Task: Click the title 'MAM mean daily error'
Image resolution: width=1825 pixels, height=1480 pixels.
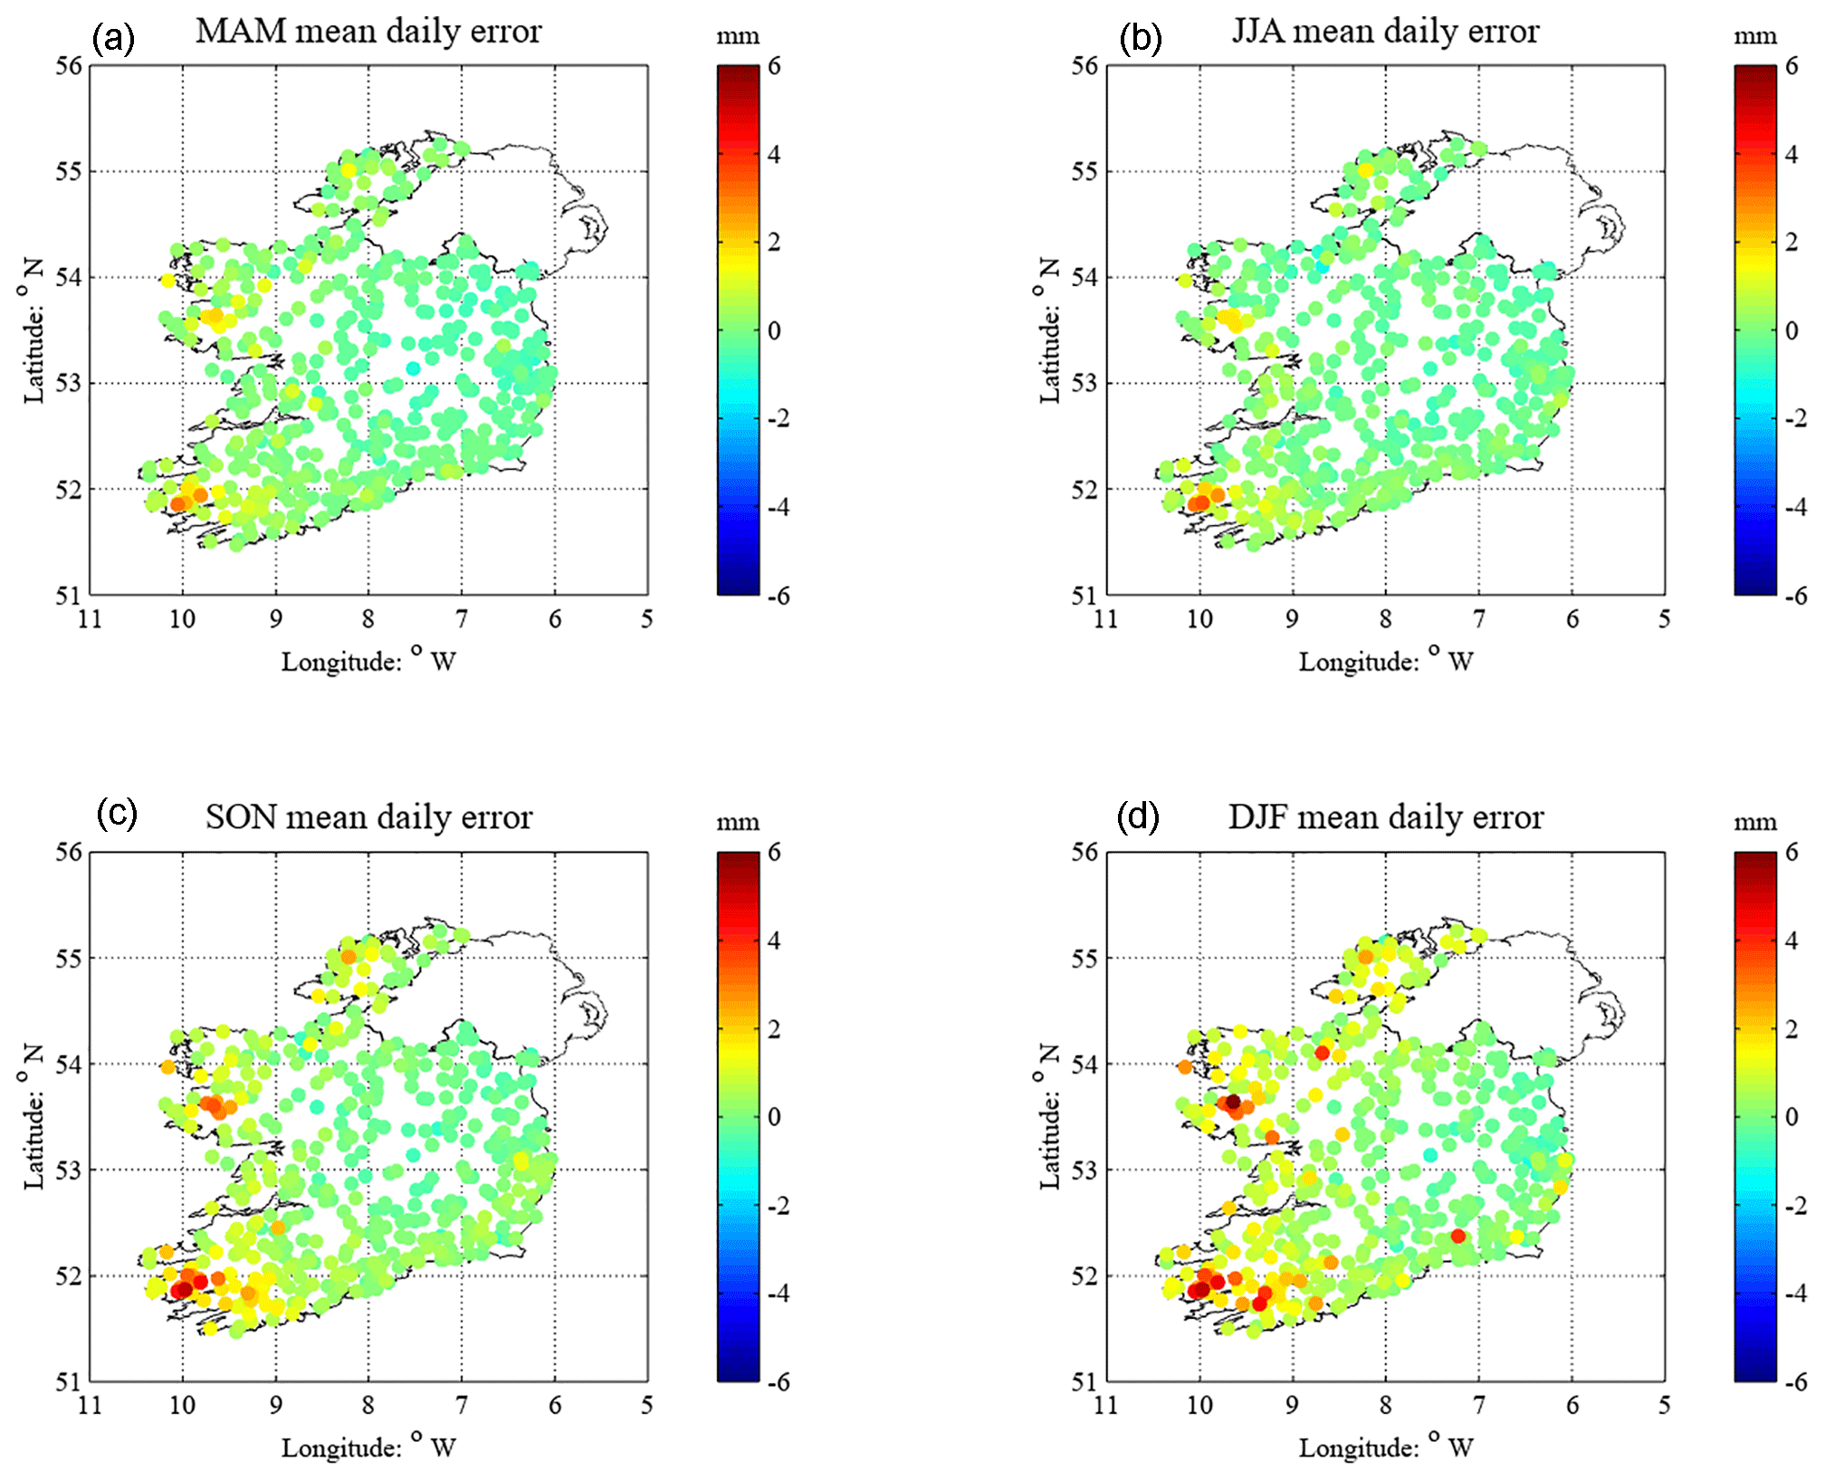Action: click(368, 32)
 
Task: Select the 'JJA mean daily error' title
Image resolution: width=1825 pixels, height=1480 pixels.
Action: click(1385, 32)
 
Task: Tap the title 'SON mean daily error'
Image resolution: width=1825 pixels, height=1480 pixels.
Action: click(368, 817)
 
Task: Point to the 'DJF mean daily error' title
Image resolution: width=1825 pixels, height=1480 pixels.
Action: click(1385, 817)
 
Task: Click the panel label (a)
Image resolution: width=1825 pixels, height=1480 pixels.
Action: click(113, 38)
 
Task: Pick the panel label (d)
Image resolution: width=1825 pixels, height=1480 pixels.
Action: click(1138, 817)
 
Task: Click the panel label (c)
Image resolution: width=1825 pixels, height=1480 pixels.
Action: click(117, 814)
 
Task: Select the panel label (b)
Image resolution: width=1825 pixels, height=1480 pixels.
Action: click(1140, 38)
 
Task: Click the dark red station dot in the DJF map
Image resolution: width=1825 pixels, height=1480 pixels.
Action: click(1233, 1102)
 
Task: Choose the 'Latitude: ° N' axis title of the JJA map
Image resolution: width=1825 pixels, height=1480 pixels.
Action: click(1048, 330)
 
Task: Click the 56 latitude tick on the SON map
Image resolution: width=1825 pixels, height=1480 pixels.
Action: click(69, 853)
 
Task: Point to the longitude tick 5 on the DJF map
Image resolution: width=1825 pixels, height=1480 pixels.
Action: click(1665, 1406)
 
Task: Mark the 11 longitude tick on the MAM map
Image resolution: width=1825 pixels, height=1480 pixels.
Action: click(90, 619)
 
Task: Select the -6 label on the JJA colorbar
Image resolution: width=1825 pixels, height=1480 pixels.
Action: click(1796, 596)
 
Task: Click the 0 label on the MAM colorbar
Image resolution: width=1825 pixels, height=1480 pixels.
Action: click(774, 330)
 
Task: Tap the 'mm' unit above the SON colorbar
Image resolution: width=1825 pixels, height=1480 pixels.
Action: click(738, 823)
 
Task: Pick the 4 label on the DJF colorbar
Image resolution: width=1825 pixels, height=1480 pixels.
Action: click(1792, 941)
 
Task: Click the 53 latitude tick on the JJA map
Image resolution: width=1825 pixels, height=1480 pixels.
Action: click(1084, 384)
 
